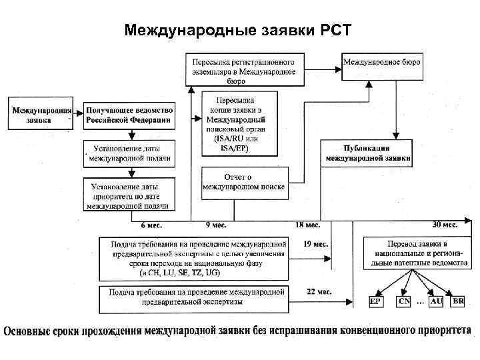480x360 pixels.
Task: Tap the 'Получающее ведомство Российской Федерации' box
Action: coord(129,115)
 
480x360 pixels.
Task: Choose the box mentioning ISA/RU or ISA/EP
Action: coord(230,123)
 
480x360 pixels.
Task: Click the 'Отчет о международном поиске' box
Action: coord(244,182)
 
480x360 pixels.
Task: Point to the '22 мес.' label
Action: coord(315,292)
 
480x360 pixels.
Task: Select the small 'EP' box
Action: coord(375,301)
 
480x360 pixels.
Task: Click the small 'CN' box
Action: coord(404,301)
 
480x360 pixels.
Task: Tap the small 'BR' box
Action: coord(458,301)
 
